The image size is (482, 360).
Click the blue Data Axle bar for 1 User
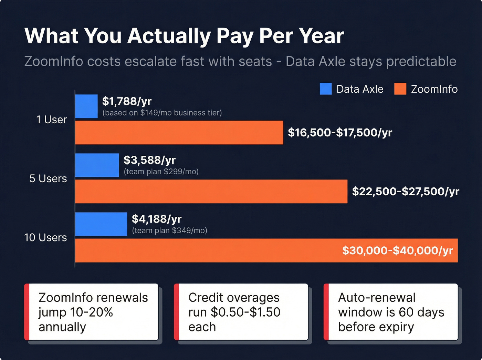[x=86, y=106]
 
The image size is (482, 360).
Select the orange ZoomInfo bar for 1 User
[x=179, y=133]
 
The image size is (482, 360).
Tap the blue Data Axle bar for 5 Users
[x=97, y=165]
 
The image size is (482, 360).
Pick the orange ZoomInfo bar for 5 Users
[x=211, y=192]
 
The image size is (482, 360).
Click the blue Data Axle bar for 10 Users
[x=101, y=224]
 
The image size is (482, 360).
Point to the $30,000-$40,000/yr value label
[x=397, y=250]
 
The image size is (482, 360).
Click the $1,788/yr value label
[x=127, y=101]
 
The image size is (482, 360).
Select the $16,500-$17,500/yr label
[x=340, y=133]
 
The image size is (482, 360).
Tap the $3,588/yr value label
[x=149, y=160]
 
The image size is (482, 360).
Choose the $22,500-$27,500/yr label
[x=406, y=192]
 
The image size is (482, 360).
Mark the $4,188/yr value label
[x=157, y=219]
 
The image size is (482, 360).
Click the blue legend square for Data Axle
[x=325, y=89]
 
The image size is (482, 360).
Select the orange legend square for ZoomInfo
[x=400, y=89]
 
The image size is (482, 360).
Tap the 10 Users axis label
[x=45, y=237]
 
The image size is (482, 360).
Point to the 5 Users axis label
[x=48, y=178]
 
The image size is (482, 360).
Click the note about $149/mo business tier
[x=162, y=113]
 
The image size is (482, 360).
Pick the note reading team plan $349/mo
[x=169, y=230]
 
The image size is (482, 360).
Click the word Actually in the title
[x=169, y=36]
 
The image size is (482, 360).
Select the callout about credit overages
[x=241, y=312]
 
